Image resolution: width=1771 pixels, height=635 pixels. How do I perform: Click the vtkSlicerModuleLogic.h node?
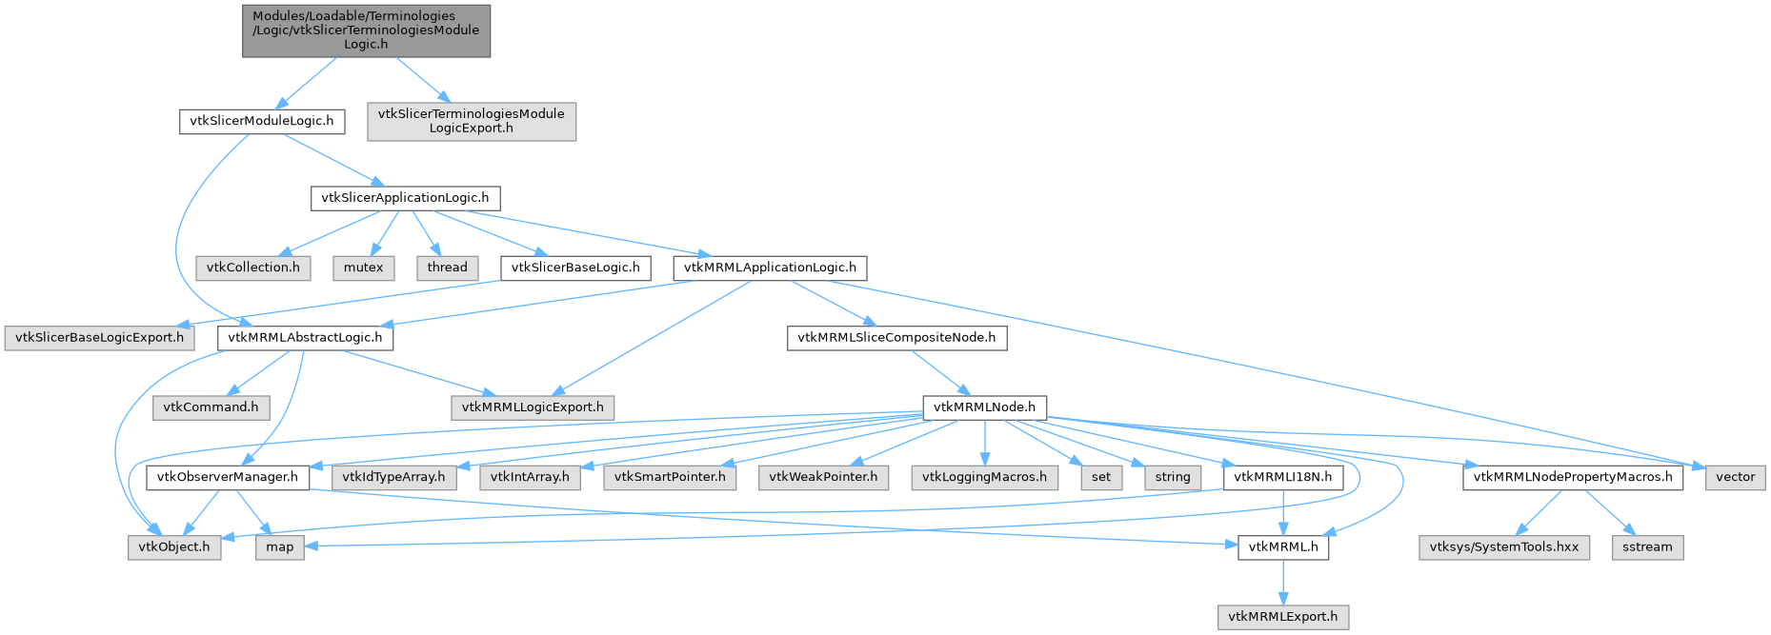click(262, 122)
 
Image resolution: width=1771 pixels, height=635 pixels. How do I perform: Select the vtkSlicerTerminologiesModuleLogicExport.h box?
click(472, 121)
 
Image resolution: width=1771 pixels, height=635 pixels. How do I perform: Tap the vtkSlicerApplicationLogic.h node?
click(405, 198)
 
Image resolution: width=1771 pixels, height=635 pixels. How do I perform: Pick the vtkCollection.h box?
click(253, 268)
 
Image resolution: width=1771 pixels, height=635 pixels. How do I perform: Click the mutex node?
click(363, 268)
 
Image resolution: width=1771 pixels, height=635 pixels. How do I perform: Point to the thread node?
click(447, 268)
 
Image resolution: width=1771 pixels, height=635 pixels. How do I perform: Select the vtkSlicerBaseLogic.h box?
click(575, 268)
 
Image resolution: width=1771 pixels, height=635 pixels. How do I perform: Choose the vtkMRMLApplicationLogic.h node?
click(770, 268)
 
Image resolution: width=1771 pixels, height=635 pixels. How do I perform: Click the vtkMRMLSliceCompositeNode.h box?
click(896, 337)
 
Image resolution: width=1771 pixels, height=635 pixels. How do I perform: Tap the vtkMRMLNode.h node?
click(984, 407)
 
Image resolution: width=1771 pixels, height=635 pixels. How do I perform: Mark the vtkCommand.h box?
click(211, 407)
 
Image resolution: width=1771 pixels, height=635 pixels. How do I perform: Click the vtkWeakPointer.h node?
click(823, 477)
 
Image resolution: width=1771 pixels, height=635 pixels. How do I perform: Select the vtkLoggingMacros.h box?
click(984, 477)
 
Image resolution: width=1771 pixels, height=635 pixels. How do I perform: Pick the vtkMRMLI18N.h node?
click(1283, 477)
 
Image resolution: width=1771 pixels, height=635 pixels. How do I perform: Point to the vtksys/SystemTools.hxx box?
click(1504, 547)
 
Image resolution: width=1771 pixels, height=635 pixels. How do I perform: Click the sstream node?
click(1647, 547)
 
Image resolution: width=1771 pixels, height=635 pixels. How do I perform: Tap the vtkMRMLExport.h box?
click(1283, 617)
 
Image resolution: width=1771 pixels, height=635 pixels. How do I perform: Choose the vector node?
click(1735, 477)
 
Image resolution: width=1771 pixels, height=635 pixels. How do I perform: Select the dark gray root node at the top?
click(367, 30)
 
